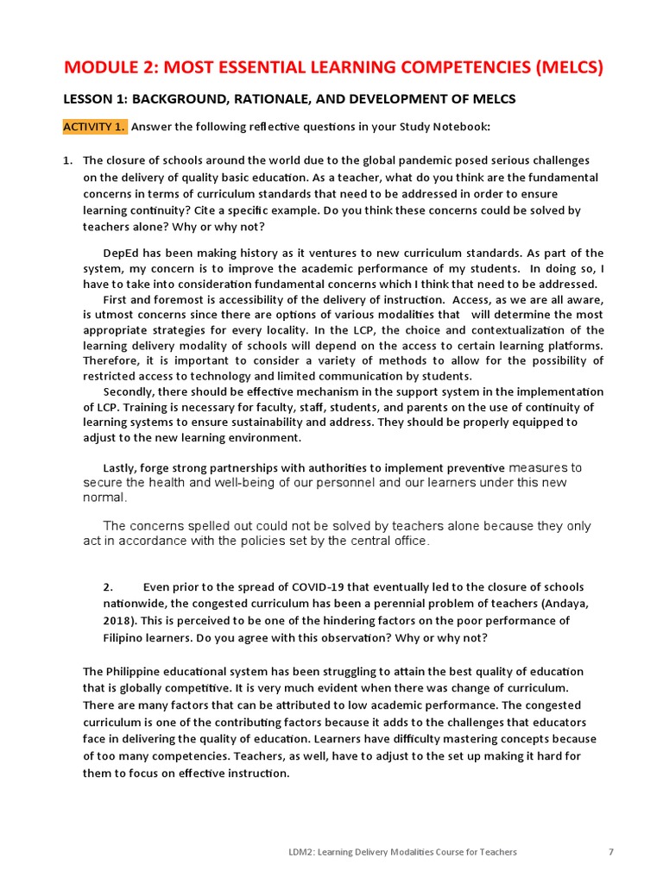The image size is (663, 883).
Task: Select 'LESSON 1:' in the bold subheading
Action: coord(96,99)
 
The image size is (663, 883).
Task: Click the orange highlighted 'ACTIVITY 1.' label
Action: coord(94,127)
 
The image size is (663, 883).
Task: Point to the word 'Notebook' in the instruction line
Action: coord(463,127)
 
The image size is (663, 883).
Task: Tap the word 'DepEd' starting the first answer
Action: coord(120,253)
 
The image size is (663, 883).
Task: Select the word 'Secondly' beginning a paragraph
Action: coord(128,391)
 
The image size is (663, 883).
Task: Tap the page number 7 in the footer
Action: coord(611,852)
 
